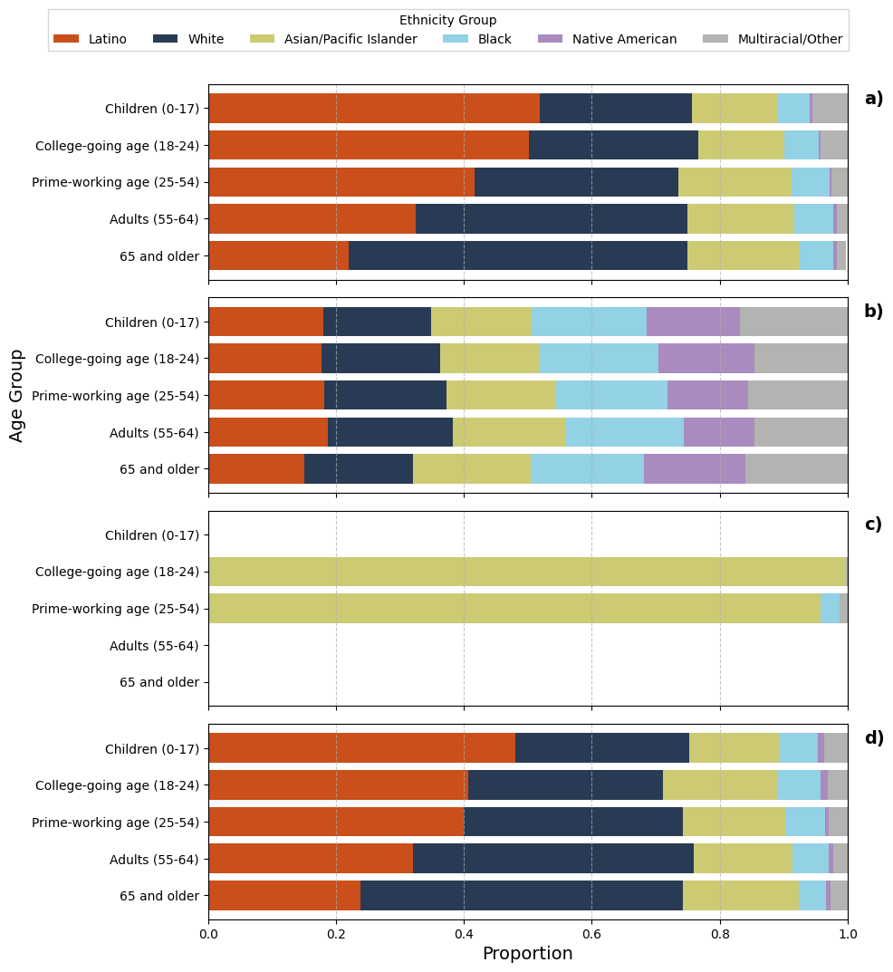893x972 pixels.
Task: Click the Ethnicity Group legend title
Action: click(447, 20)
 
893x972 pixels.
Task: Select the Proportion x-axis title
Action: click(527, 954)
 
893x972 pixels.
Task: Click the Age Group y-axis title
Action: click(17, 395)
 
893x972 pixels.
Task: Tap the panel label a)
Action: click(873, 99)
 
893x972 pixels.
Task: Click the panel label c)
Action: click(873, 524)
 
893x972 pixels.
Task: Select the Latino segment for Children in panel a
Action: click(373, 108)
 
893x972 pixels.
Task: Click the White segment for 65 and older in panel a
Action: click(517, 255)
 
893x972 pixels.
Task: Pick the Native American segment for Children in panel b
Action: click(693, 322)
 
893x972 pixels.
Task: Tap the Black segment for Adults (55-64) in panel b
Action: click(623, 432)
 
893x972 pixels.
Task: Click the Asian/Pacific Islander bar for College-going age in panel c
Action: click(526, 572)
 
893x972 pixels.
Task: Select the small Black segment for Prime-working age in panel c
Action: click(829, 608)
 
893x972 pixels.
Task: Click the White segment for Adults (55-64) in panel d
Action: click(552, 858)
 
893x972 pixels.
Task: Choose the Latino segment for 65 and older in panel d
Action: click(283, 895)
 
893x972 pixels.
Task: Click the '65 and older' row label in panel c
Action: click(159, 682)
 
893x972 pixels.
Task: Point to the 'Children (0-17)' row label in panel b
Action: click(151, 322)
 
